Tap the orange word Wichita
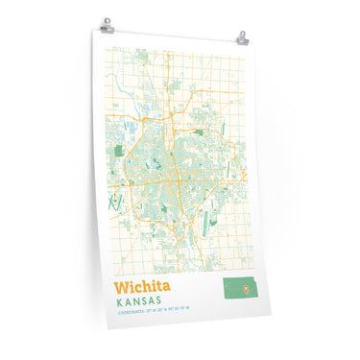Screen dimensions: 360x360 point(143,287)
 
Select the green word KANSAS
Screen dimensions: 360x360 point(142,304)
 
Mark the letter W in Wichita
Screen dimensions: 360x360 point(121,286)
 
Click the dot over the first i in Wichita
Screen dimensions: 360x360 point(132,281)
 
